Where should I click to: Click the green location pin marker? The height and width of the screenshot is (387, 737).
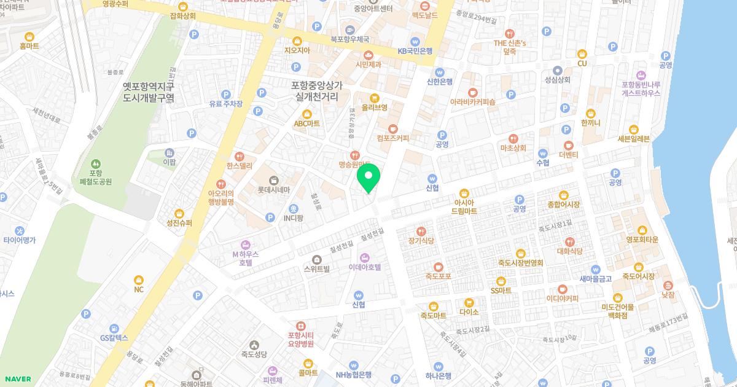tap(368, 178)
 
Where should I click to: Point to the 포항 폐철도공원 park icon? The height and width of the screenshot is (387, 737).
tap(95, 164)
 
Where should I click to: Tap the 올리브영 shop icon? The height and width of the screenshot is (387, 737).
tap(374, 98)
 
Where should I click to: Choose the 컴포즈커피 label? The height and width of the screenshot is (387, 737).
tap(392, 139)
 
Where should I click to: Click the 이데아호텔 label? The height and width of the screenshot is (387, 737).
tap(365, 267)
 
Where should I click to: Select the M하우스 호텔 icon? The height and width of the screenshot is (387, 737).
tap(246, 245)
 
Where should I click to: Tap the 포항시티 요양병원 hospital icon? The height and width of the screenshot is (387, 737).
tap(300, 326)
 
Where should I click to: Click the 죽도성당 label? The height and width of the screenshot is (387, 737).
tap(254, 354)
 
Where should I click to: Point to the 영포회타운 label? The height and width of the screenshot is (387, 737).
tap(642, 240)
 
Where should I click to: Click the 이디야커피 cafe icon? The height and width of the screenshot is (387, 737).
tap(563, 289)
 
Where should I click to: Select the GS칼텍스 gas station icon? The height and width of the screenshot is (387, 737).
tap(114, 329)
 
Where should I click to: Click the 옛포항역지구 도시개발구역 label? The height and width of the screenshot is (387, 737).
tap(149, 92)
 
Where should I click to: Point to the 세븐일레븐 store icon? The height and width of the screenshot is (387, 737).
tap(634, 129)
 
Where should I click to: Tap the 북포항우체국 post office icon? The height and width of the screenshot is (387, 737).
tap(349, 29)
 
